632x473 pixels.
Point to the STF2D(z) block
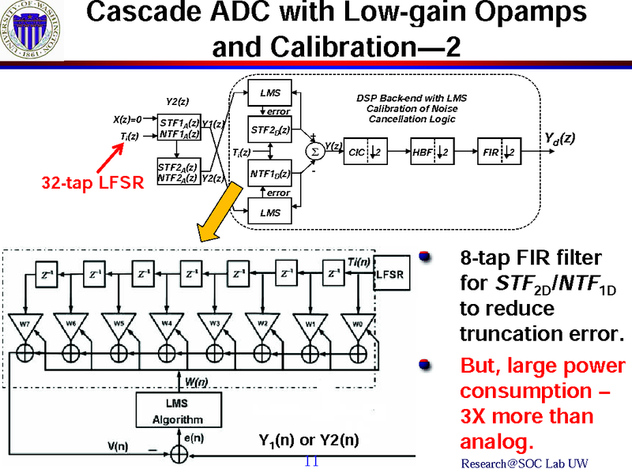[x=269, y=130]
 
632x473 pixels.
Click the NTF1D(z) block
[x=269, y=172]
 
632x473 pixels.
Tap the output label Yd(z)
[x=559, y=137]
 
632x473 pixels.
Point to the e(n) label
[x=194, y=437]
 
